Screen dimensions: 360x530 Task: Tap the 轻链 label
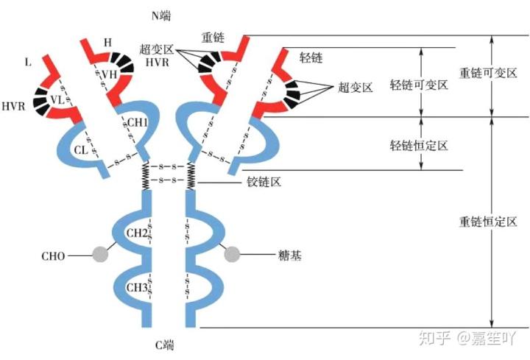tap(311, 57)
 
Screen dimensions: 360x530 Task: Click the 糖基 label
tap(291, 255)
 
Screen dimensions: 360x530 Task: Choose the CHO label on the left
tap(52, 256)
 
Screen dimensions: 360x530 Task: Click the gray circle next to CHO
tap(100, 255)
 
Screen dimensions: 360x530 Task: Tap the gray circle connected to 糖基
tap(233, 255)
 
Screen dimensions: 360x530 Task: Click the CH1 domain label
tap(138, 122)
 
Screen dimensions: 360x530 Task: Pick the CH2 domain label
tap(137, 233)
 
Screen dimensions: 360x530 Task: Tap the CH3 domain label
tap(137, 287)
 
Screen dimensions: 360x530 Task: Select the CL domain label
tap(81, 150)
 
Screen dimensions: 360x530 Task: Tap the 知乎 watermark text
tap(434, 338)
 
